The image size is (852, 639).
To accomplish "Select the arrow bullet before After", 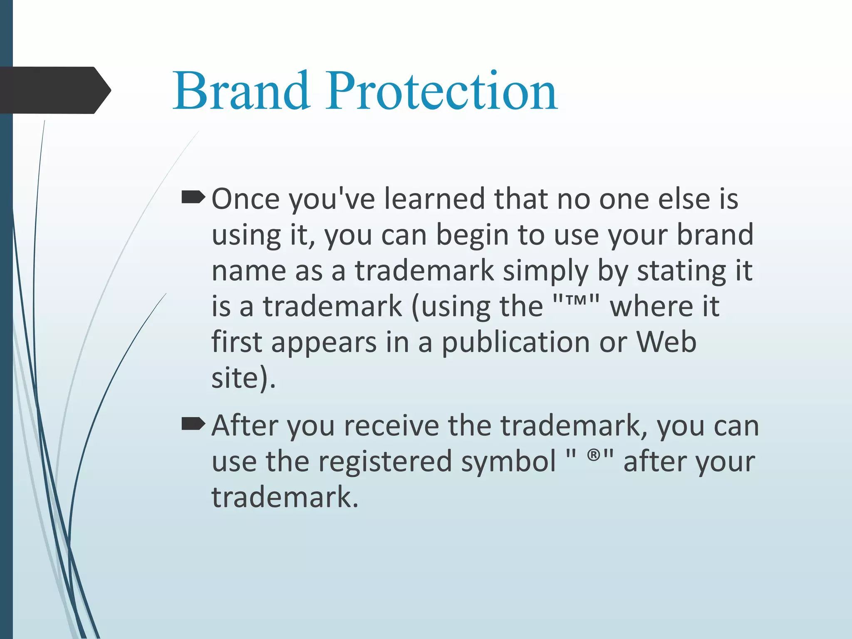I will click(x=193, y=424).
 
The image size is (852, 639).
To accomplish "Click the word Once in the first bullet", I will click(x=245, y=199).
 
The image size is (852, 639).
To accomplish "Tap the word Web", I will click(x=666, y=342).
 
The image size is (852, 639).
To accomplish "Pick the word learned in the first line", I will click(x=434, y=199).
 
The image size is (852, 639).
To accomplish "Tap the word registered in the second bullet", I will click(x=385, y=462).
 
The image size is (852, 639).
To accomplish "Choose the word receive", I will click(x=391, y=426).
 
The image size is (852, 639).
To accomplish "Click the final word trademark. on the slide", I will click(x=285, y=498).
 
